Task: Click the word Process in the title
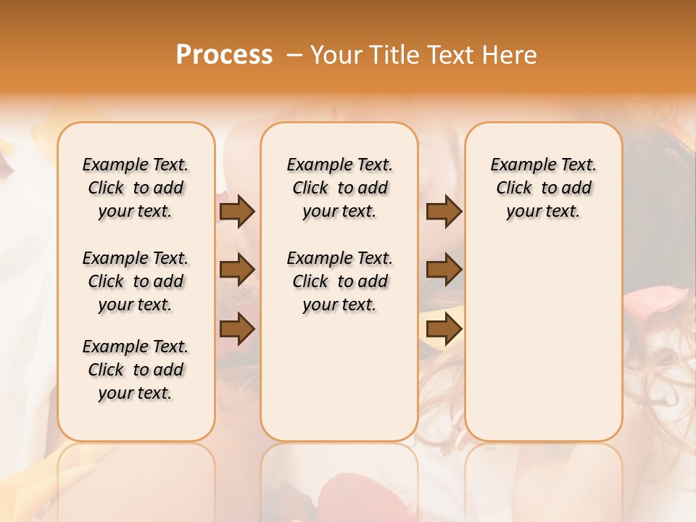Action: (224, 55)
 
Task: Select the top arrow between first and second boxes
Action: (237, 212)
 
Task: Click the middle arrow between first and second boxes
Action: (237, 270)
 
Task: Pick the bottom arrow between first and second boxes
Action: (237, 329)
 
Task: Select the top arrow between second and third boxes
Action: (444, 212)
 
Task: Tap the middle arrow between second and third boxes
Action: (444, 270)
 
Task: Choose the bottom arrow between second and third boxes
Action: (444, 329)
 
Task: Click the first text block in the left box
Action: (136, 188)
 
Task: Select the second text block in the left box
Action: (136, 281)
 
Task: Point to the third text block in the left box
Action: (136, 370)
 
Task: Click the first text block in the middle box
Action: (339, 188)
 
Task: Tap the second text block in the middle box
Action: (339, 281)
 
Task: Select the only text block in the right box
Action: (543, 188)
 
